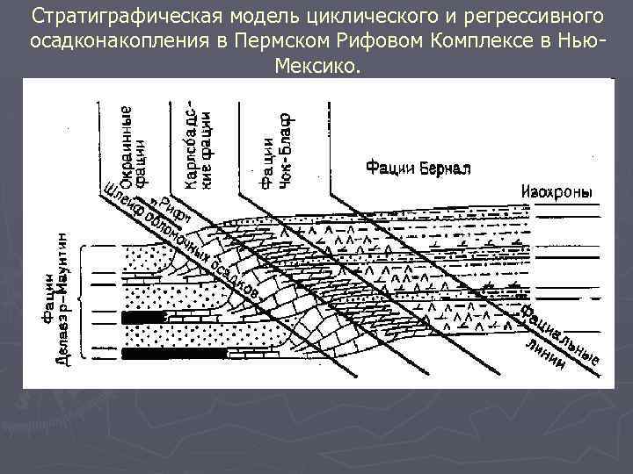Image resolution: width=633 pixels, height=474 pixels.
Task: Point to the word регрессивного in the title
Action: click(x=527, y=18)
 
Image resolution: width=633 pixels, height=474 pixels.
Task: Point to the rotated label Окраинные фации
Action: click(x=120, y=149)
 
